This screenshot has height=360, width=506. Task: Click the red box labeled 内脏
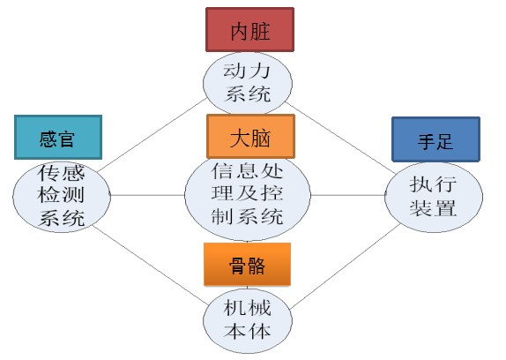tap(249, 30)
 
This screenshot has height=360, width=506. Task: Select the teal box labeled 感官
tap(58, 138)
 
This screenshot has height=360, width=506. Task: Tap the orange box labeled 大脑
tap(250, 136)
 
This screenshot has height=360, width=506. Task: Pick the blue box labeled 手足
tap(436, 139)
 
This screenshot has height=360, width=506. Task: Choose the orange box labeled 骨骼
tap(247, 265)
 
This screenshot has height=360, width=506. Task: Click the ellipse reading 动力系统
tap(248, 83)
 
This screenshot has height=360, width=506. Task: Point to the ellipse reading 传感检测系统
tap(62, 196)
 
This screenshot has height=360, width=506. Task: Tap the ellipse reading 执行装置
tap(434, 197)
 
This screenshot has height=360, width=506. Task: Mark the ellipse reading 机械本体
tap(248, 320)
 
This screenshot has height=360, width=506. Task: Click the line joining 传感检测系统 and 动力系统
tap(152, 135)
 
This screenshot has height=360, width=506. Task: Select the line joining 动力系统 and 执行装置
tap(339, 138)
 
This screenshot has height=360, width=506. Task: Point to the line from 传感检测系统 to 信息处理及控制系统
tap(147, 195)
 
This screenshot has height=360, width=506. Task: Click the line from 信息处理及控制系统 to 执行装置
tap(348, 195)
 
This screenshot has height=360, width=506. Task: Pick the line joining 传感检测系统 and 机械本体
tap(150, 265)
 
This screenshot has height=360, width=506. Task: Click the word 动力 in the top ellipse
tap(247, 71)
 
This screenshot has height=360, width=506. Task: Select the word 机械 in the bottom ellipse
tap(247, 307)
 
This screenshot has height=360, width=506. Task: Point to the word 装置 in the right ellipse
tap(433, 208)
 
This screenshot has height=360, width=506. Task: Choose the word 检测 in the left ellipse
tap(61, 195)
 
